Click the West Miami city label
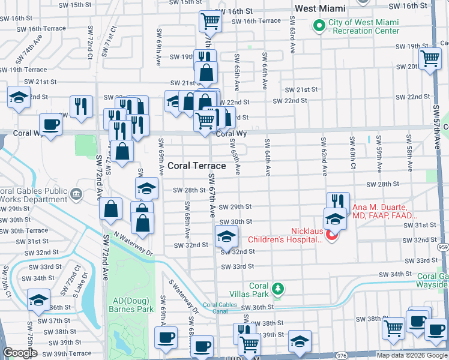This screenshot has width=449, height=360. coord(320,8)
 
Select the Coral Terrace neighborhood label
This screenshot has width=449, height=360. coord(196,166)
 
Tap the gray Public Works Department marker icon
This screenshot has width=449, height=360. coord(76,193)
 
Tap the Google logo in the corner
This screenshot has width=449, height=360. coord(20,353)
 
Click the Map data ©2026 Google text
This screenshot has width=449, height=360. coord(412,355)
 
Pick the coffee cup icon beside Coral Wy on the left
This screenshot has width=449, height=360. coord(50,125)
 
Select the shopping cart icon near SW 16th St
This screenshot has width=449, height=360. coord(211,22)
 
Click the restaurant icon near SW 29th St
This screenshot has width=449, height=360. coord(338,202)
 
